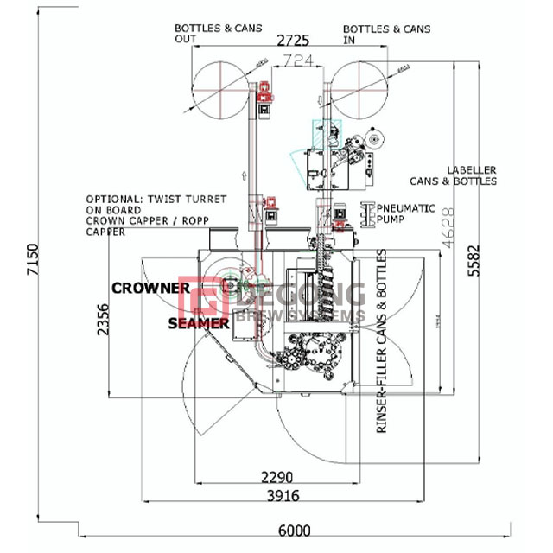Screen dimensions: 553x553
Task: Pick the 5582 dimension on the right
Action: click(x=473, y=257)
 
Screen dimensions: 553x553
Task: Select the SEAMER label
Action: click(x=199, y=323)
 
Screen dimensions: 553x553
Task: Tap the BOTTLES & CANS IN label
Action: click(x=386, y=34)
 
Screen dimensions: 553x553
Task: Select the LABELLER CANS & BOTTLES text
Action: click(x=471, y=175)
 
